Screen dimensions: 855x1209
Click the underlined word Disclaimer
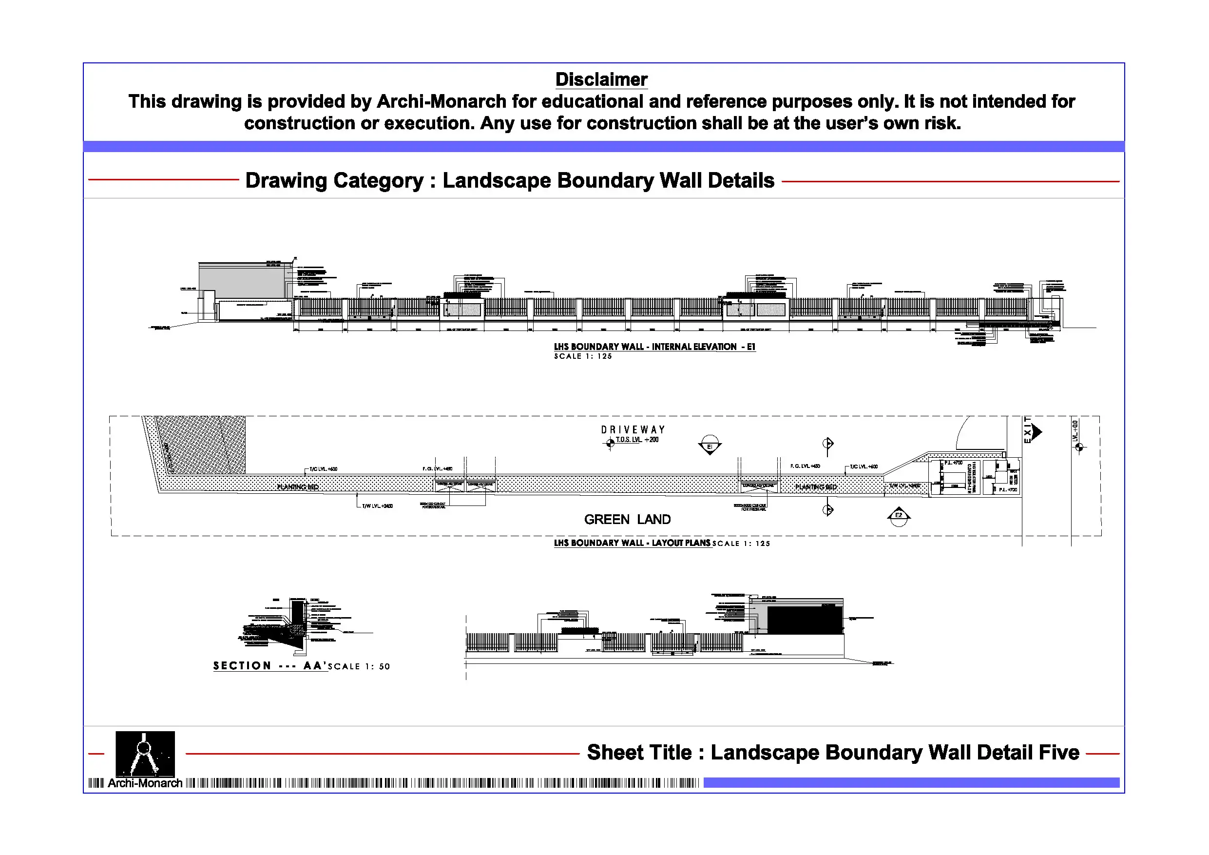point(601,79)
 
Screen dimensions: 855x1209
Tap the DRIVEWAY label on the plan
point(633,430)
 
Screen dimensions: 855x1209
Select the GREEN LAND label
point(627,520)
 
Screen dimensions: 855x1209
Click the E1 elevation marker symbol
point(710,446)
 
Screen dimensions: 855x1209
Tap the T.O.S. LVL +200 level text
point(637,440)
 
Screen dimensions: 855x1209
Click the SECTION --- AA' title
point(269,666)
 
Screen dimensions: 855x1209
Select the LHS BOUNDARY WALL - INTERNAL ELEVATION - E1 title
point(654,347)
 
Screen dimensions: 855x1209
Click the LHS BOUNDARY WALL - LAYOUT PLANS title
point(632,543)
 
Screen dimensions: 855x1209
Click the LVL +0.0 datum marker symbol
point(1079,448)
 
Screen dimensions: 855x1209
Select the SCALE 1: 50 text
point(359,666)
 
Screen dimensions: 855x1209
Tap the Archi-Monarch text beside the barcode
point(145,783)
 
